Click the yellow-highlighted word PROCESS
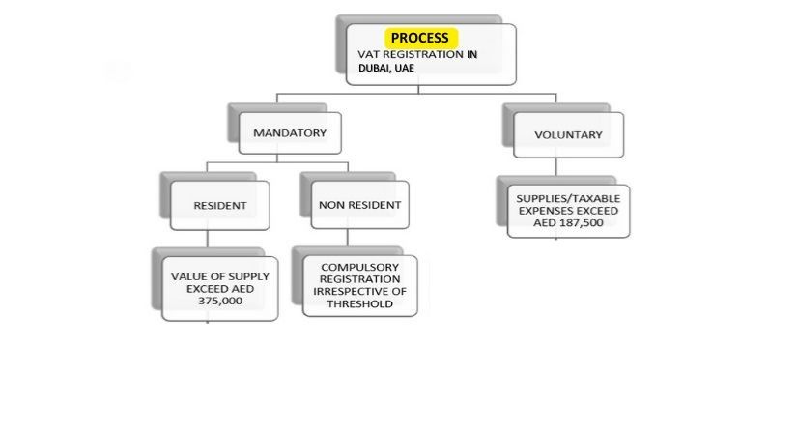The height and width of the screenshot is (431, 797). click(x=419, y=38)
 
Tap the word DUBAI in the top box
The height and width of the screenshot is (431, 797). click(x=369, y=69)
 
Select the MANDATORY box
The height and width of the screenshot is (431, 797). click(x=289, y=132)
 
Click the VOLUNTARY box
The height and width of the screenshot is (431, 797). click(x=568, y=135)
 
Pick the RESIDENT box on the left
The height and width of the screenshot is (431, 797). click(x=219, y=205)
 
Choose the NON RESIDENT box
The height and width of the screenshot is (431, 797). click(x=359, y=205)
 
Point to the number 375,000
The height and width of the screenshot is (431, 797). click(x=219, y=301)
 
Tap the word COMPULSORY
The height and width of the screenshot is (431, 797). click(x=359, y=265)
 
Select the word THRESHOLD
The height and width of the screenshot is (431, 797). click(x=359, y=303)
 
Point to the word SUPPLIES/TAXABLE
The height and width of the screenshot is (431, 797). click(x=568, y=197)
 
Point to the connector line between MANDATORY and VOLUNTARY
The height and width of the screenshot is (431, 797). click(x=415, y=94)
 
